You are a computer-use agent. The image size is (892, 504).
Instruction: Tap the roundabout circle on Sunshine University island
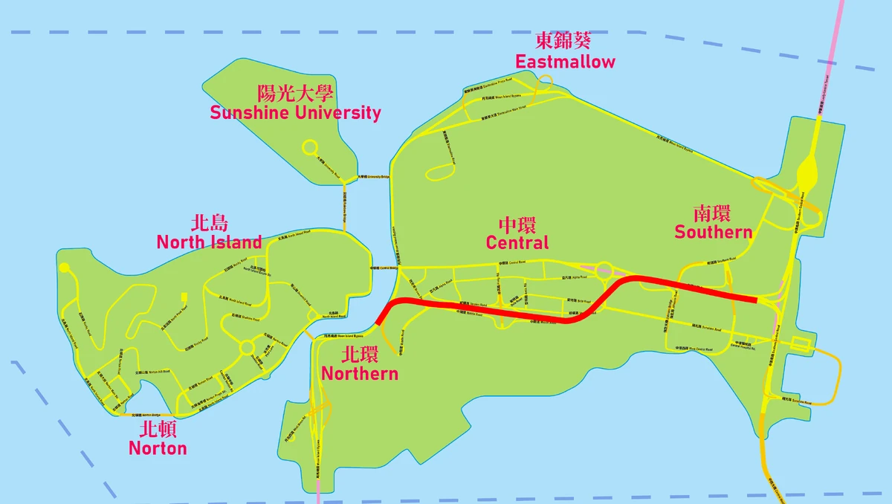pos(310,148)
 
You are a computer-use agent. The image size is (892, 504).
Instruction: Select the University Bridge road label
pos(373,177)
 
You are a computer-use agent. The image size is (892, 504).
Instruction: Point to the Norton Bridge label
pos(146,415)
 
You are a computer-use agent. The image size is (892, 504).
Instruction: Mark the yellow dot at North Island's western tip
pos(65,268)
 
